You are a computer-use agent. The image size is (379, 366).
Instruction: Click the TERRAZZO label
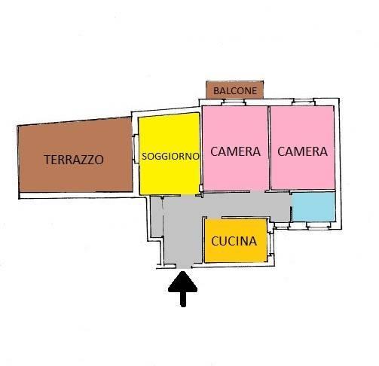74,160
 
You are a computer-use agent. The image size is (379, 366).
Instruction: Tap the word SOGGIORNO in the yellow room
170,156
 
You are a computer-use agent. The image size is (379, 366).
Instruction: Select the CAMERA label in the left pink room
235,151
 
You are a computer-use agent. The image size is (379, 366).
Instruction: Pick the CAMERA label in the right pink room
302,151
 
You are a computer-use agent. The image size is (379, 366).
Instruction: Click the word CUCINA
234,241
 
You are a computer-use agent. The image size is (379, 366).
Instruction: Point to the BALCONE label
235,90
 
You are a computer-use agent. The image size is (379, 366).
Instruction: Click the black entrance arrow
183,288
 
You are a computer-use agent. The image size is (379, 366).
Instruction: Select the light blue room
313,207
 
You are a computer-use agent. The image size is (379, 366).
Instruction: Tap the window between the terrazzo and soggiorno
136,149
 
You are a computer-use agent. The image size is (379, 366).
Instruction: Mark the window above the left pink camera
234,102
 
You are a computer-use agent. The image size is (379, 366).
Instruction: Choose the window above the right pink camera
303,102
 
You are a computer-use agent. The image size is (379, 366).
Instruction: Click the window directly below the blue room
318,225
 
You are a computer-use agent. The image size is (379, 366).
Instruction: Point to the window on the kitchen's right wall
270,244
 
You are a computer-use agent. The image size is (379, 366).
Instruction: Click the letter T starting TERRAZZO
47,160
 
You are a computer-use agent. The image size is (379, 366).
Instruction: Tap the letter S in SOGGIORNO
145,156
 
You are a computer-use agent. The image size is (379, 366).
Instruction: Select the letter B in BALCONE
216,90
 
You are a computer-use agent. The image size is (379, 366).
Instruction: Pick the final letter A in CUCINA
252,241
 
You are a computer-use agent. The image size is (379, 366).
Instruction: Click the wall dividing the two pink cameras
269,148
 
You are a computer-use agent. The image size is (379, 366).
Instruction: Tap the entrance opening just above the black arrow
183,267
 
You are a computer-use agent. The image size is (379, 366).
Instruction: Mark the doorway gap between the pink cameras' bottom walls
257,192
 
